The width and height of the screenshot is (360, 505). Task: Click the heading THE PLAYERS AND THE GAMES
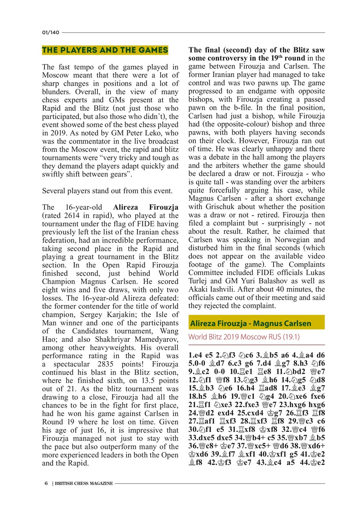pyautogui.click(x=105, y=50)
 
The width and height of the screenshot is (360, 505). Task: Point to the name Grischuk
pyautogui.click(x=216, y=207)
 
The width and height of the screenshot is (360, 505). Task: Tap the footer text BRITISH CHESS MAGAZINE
pyautogui.click(x=84, y=483)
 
